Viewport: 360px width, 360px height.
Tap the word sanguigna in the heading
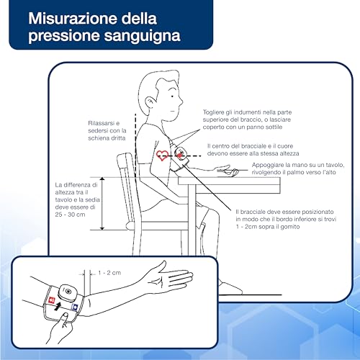(143, 36)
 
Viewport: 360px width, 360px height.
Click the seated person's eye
(172, 96)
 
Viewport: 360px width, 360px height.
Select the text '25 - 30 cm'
(70, 215)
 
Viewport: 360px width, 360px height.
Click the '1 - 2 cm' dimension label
(109, 273)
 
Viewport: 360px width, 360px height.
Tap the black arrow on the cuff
(57, 307)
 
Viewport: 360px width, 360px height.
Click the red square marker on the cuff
(52, 300)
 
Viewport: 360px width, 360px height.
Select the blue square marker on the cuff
(75, 307)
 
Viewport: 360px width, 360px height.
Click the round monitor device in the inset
(67, 292)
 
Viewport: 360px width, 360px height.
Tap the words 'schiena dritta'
(107, 138)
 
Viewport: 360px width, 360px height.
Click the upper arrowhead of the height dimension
(102, 179)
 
